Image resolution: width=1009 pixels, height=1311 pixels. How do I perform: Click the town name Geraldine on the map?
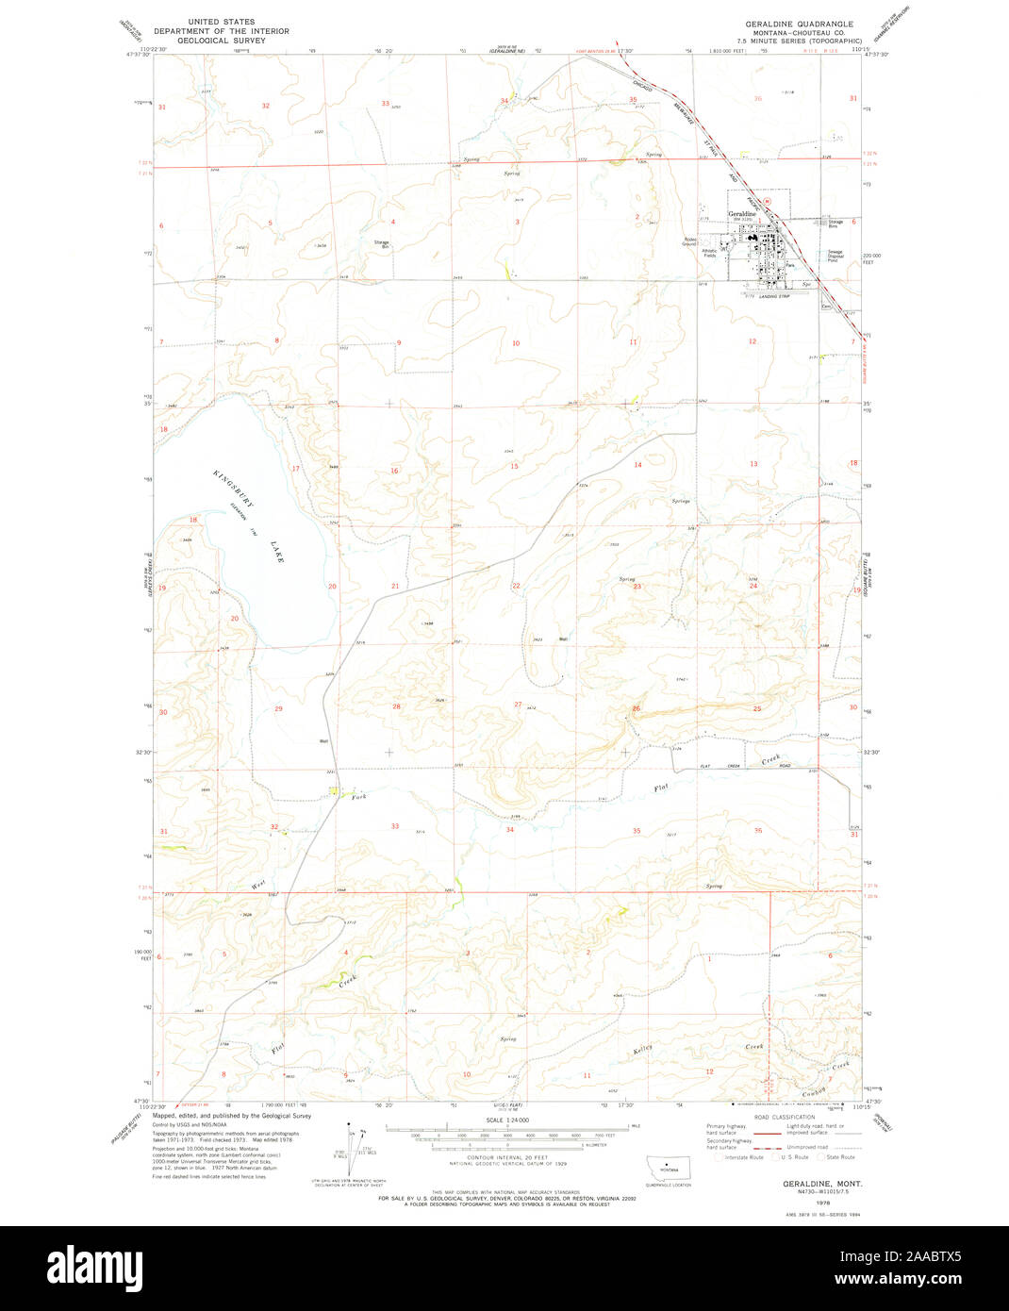742,214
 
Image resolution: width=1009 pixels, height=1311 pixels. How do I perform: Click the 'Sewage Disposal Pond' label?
835,256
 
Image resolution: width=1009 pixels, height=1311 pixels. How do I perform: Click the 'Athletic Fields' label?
710,253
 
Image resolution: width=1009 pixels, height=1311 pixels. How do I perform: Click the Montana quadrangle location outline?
669,1167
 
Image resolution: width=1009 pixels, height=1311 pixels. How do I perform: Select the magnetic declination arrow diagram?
353,1143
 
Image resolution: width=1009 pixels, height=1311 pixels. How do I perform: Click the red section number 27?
518,705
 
